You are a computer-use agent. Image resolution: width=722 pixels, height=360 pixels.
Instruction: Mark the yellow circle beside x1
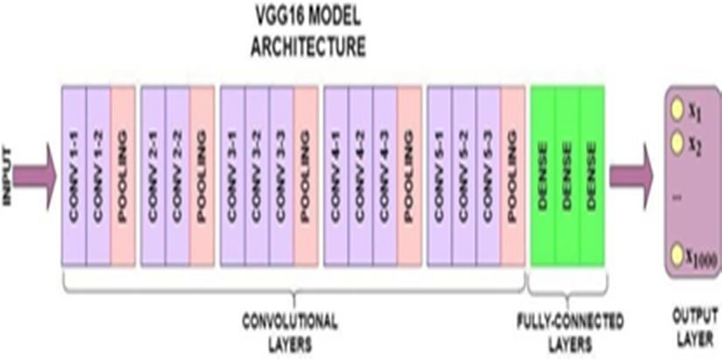click(x=676, y=110)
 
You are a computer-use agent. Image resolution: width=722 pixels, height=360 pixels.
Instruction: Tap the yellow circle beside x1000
click(x=676, y=254)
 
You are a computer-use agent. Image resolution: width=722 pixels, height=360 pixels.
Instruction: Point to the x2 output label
click(x=696, y=142)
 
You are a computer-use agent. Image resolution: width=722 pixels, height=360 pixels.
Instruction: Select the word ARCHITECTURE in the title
click(x=307, y=48)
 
